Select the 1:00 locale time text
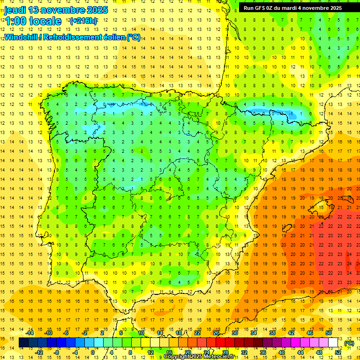pos(33,21)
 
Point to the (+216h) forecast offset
pos(83,21)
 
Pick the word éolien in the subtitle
pos(112,37)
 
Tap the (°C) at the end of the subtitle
pos(134,37)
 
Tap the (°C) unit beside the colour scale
pos(349,343)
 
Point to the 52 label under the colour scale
pos(338,352)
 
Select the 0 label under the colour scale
pos(93,352)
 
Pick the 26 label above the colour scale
pos(216,333)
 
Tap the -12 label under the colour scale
pos(39,352)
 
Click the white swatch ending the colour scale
pos(333,343)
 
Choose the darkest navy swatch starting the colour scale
pos(23,343)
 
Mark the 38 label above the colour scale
pos(272,333)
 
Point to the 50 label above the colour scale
pos(329,333)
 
